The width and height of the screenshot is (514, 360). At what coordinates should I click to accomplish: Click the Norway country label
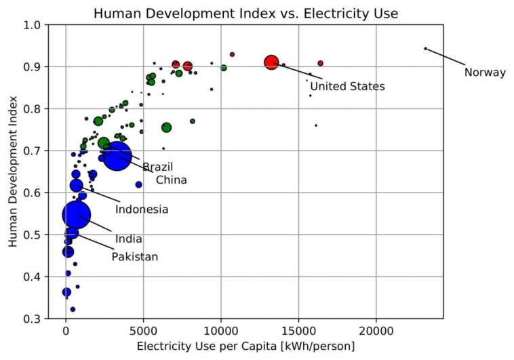tap(485, 73)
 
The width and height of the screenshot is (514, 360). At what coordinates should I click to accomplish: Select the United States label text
tap(347, 87)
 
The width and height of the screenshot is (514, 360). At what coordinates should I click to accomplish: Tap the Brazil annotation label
tap(157, 167)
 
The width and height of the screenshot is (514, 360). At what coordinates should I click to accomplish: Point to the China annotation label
tap(171, 180)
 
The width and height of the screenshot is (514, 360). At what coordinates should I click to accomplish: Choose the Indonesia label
tap(141, 209)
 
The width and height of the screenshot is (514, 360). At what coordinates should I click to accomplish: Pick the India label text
tap(128, 239)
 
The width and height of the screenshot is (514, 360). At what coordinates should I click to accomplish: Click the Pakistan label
tap(134, 257)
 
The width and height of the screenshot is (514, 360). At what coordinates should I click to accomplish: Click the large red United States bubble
tap(271, 62)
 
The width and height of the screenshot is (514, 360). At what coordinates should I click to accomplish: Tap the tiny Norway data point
tap(425, 48)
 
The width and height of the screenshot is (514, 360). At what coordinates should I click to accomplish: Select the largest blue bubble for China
tap(117, 157)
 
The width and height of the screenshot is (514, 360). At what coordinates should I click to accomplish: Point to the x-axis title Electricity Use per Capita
tap(245, 346)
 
